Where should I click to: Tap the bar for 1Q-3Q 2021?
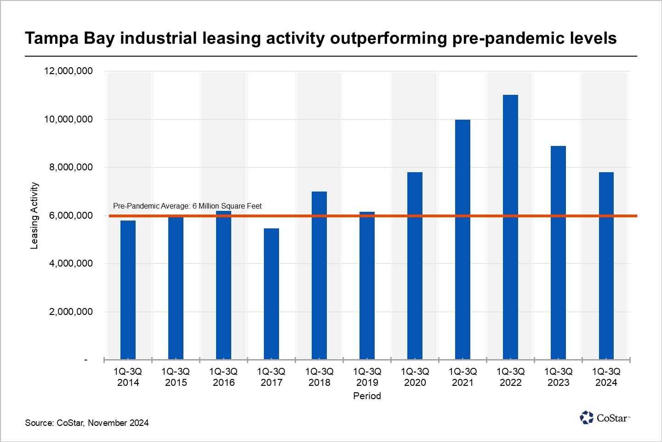pyautogui.click(x=462, y=239)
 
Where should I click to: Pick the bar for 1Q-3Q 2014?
pyautogui.click(x=128, y=290)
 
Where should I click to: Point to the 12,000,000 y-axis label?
pyautogui.click(x=68, y=71)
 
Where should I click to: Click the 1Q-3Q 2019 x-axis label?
pyautogui.click(x=367, y=377)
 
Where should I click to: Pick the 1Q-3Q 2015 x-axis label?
pyautogui.click(x=176, y=377)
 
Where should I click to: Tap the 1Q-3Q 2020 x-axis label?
pyautogui.click(x=415, y=377)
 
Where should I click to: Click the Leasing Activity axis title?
pyautogui.click(x=34, y=215)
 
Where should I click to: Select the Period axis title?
pyautogui.click(x=367, y=396)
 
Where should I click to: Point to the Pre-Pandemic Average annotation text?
pyautogui.click(x=187, y=206)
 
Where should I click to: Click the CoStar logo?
pyautogui.click(x=605, y=418)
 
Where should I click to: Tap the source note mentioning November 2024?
pyautogui.click(x=87, y=423)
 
